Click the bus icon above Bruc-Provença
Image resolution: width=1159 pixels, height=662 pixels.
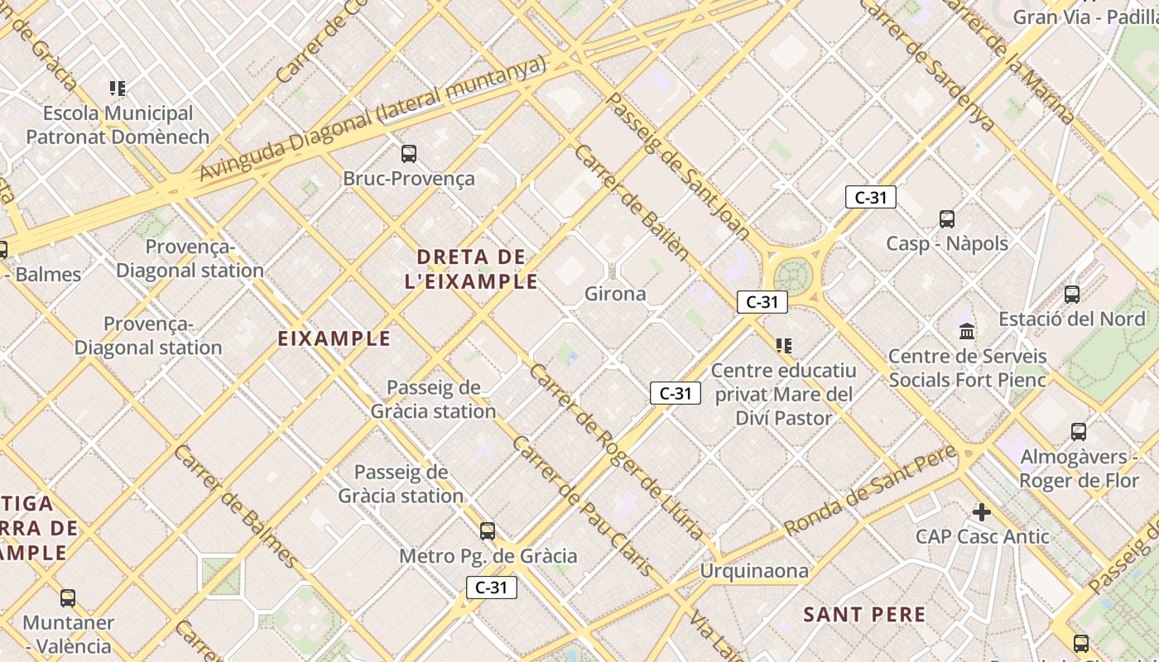click(409, 153)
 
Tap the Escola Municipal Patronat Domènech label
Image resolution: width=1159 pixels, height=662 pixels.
click(118, 124)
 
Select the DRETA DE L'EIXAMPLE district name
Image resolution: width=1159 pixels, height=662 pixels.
click(471, 269)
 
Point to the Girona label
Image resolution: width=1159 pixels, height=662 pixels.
click(615, 294)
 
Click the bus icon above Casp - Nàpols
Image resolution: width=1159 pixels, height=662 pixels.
click(947, 219)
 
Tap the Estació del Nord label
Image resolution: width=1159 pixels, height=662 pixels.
click(1071, 319)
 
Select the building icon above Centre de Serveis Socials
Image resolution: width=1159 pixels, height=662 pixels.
click(966, 332)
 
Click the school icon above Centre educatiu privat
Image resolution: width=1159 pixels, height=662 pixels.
click(783, 345)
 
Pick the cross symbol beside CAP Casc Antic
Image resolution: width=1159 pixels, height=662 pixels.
click(982, 512)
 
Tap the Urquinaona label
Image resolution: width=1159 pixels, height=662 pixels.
click(754, 571)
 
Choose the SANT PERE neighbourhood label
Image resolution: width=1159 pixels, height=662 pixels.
click(864, 614)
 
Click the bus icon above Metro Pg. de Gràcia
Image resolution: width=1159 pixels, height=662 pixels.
click(488, 530)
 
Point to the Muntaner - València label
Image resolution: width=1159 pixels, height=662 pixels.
click(68, 634)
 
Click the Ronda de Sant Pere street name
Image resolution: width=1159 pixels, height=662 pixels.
click(870, 490)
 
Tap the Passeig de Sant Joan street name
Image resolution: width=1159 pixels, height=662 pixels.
click(678, 166)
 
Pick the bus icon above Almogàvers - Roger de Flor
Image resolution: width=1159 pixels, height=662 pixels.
click(1078, 431)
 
